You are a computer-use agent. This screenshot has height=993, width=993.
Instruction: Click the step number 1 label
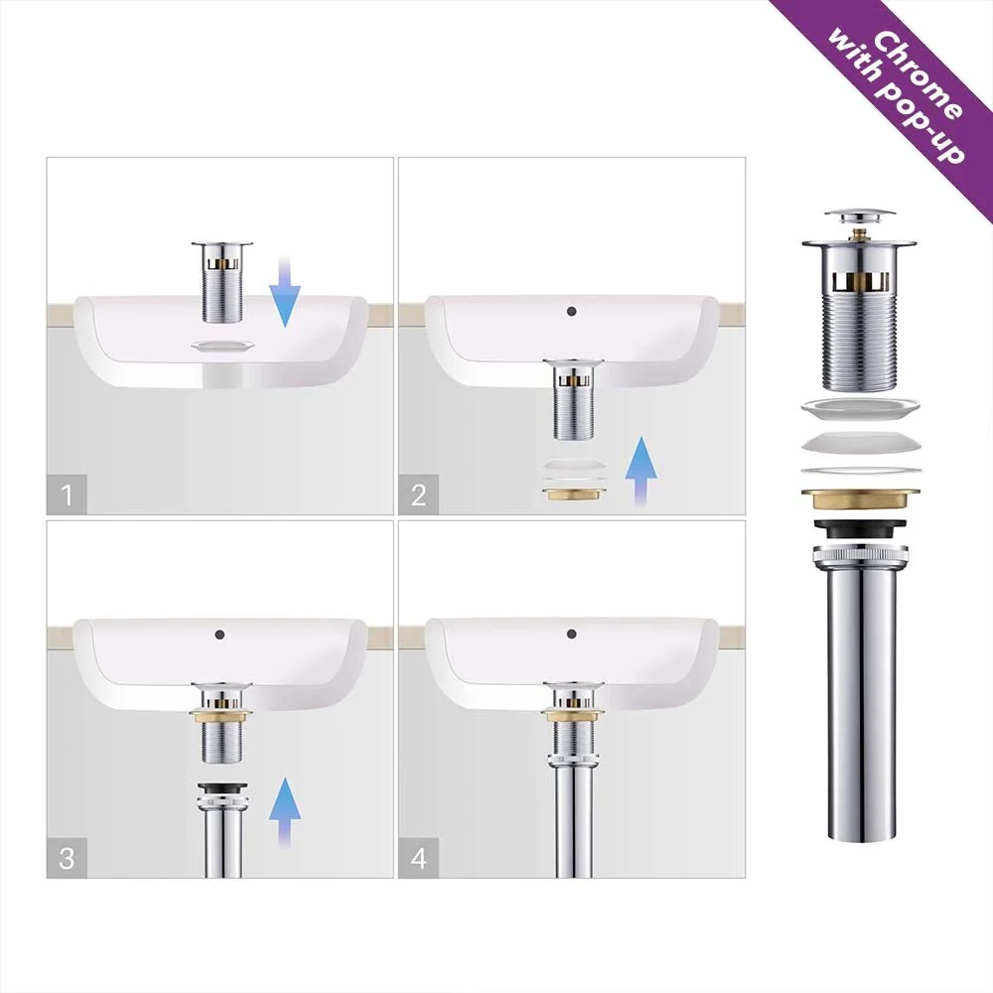67,495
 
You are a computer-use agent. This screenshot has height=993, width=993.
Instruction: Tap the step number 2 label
418,495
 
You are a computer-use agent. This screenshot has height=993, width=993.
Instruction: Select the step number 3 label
67,858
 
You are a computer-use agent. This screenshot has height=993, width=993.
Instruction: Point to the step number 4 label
418,858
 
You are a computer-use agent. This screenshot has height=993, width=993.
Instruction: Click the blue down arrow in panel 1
284,291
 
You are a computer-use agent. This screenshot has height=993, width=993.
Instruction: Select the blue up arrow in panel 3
284,812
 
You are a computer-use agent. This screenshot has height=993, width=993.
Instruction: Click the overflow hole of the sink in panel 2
572,311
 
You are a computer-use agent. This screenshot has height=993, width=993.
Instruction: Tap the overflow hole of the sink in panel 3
219,634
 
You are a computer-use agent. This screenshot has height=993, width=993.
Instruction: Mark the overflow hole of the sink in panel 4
572,634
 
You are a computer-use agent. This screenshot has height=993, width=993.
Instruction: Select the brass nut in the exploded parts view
859,498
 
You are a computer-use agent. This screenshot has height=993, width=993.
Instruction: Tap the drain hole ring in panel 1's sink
222,346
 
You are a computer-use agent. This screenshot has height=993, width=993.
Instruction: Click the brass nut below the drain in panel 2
573,493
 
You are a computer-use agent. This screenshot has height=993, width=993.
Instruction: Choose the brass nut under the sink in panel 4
573,716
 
